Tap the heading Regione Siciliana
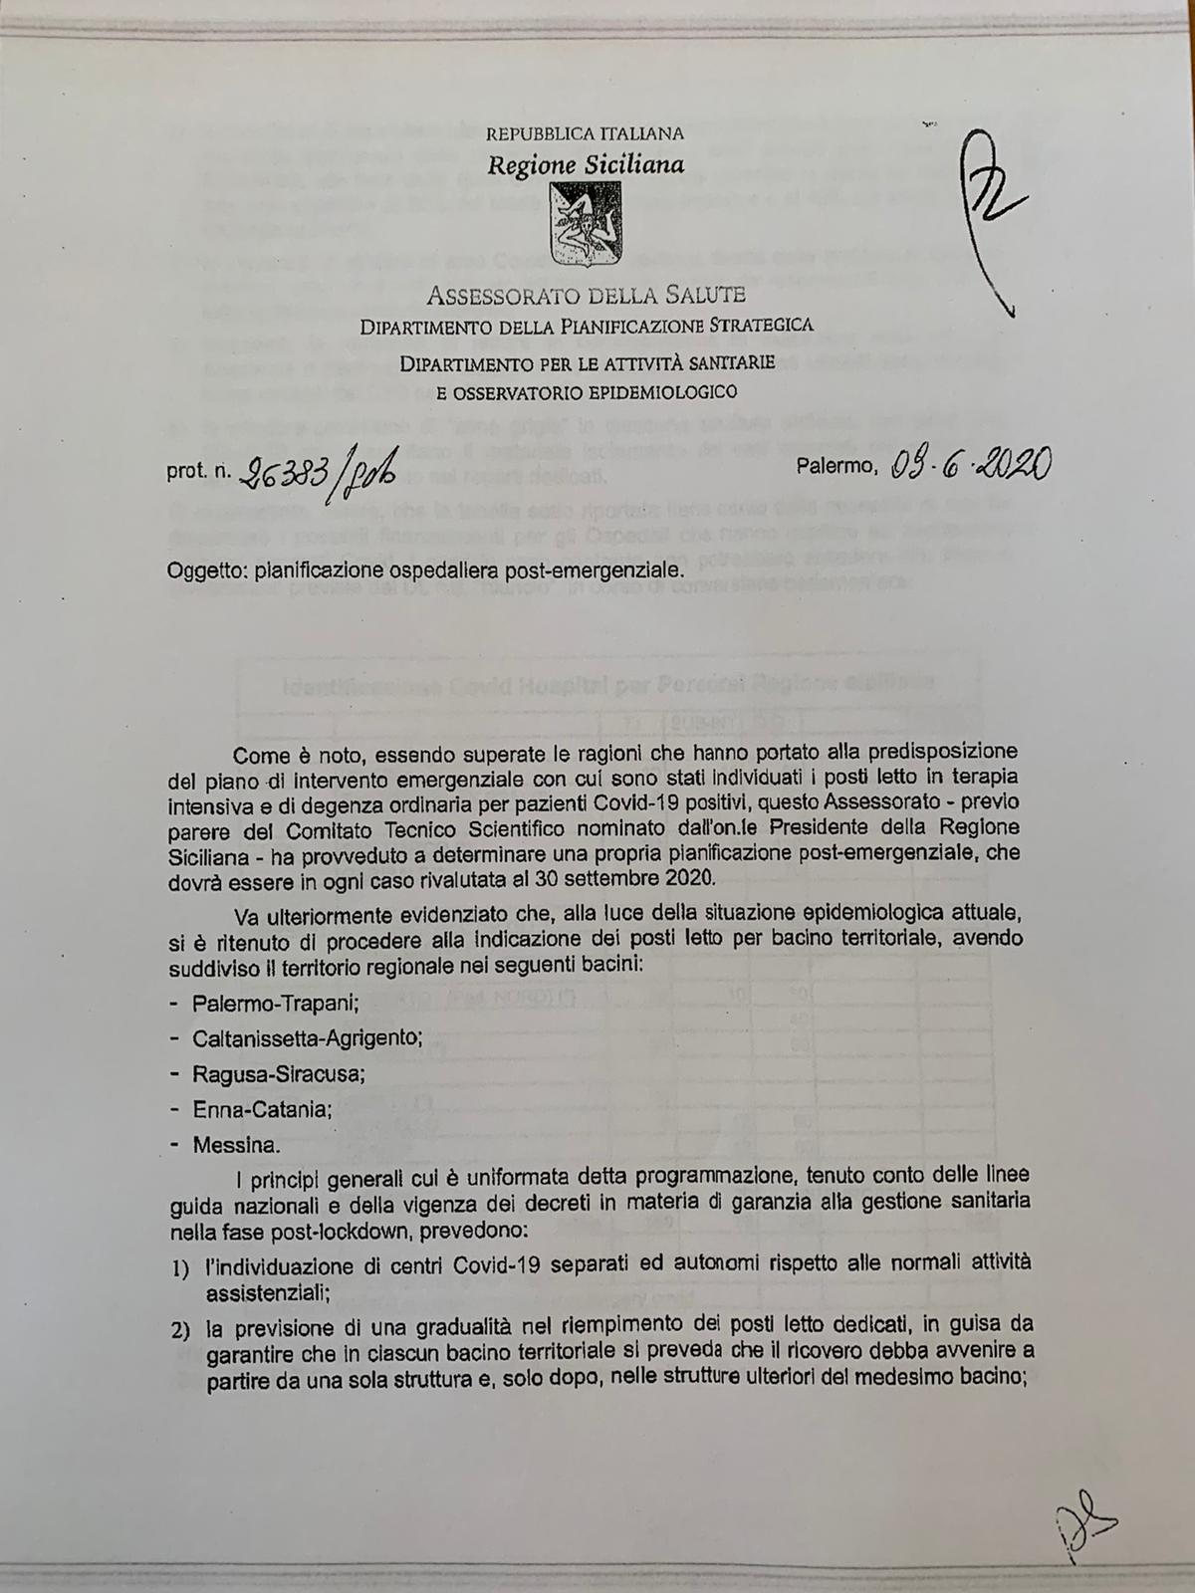pos(586,164)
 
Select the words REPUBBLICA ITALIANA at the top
pos(586,133)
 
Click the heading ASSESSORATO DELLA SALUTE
pos(586,295)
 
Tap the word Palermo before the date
pos(836,465)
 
